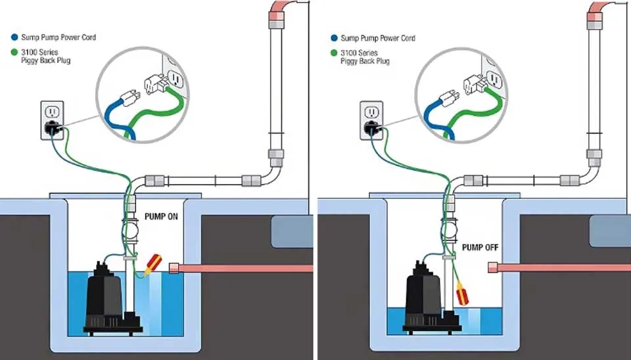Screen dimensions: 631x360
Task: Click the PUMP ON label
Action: (161, 217)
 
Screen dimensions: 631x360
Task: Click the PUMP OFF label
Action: (480, 248)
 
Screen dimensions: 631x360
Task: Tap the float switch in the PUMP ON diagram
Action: (153, 264)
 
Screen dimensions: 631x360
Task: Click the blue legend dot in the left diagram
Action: (15, 37)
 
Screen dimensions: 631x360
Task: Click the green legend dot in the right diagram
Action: (334, 53)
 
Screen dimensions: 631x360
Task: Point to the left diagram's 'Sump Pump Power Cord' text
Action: (58, 37)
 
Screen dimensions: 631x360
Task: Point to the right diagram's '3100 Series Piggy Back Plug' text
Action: (365, 57)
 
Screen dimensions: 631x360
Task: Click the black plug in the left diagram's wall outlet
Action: (53, 128)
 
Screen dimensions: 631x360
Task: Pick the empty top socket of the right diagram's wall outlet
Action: (371, 112)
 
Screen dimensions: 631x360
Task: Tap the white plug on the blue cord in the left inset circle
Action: (130, 98)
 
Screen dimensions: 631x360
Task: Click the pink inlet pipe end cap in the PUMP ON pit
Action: (174, 268)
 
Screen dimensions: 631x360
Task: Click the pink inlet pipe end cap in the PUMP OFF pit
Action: (492, 267)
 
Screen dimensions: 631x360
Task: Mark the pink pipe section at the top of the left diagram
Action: (277, 11)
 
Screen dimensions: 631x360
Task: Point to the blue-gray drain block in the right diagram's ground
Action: (610, 231)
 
